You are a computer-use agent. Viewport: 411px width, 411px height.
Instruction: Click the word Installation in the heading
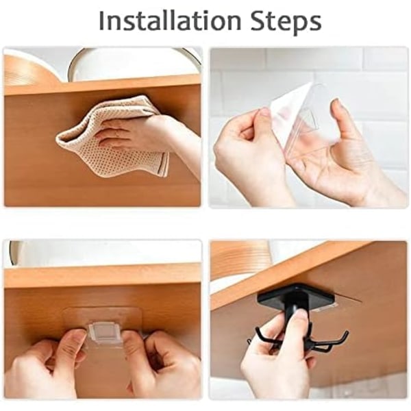coord(170,21)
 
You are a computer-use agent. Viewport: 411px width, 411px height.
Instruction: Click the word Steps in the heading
coord(286,21)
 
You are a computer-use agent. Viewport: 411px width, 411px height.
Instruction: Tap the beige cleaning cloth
coord(113,136)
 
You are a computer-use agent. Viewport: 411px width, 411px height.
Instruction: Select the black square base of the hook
coord(296,297)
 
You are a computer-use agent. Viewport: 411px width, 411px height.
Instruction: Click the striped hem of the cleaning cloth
coord(163,164)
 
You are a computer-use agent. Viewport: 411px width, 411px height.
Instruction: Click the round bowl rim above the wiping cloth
coord(131,53)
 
